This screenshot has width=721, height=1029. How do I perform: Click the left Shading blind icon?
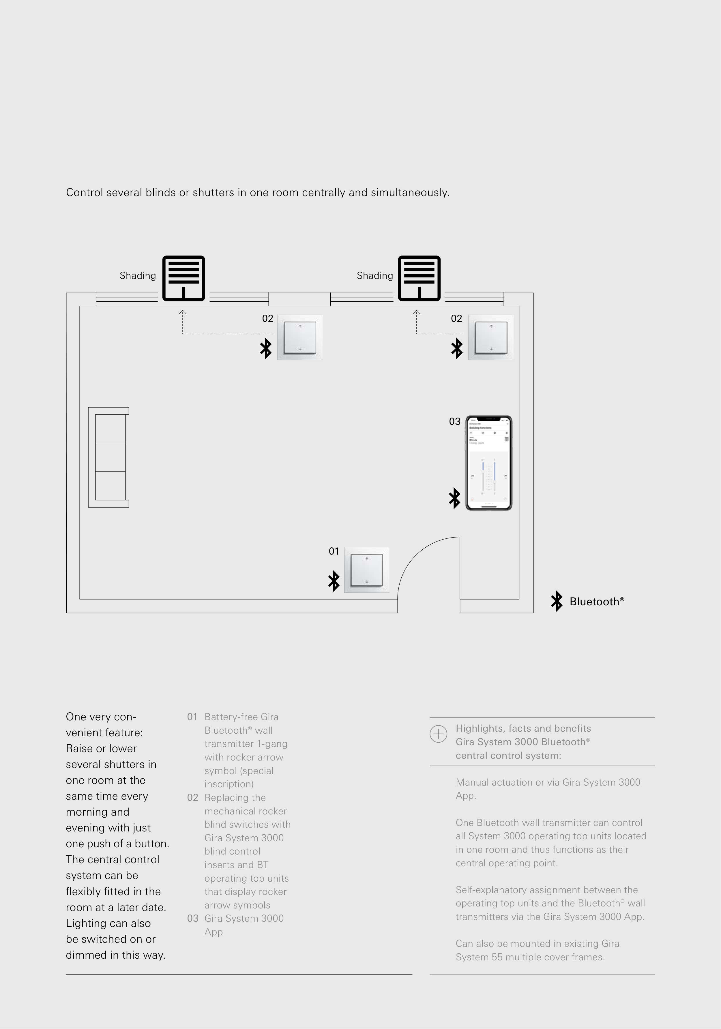[183, 278]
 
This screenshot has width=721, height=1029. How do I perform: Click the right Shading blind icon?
[419, 278]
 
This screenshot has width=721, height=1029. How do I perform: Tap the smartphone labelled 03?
[489, 463]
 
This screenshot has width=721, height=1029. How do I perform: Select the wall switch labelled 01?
[367, 570]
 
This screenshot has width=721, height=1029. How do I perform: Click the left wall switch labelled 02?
[300, 337]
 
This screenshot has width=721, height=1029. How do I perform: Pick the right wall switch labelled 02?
[491, 337]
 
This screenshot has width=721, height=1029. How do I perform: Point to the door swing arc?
[415, 556]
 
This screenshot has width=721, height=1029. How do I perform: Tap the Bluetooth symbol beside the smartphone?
[455, 498]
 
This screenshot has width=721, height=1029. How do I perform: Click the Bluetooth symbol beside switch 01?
[334, 581]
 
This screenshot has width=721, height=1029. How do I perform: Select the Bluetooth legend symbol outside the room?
[557, 601]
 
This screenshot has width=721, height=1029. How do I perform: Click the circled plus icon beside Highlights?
[438, 734]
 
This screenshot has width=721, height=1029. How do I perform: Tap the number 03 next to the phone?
[455, 421]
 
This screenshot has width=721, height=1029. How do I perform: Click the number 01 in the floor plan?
[334, 551]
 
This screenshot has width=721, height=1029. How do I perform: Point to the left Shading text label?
[138, 276]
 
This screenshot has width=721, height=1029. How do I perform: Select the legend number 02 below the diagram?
[193, 797]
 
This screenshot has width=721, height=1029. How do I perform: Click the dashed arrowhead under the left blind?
[183, 312]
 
